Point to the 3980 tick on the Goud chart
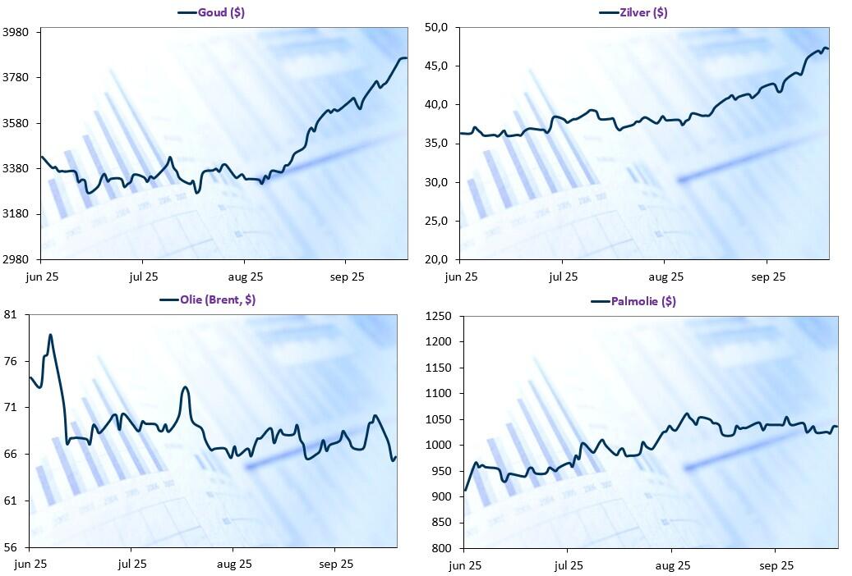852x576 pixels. [x=17, y=32]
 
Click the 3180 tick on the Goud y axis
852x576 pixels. [x=17, y=214]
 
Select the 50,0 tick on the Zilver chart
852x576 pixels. [x=435, y=28]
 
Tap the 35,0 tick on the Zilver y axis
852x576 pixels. [x=435, y=144]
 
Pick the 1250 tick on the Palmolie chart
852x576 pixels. [x=440, y=317]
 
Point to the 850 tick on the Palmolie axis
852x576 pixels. [x=444, y=523]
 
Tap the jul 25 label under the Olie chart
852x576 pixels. [x=131, y=564]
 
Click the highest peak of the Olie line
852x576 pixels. [x=50, y=335]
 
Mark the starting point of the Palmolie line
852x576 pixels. [x=465, y=491]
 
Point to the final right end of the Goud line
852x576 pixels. [x=406, y=58]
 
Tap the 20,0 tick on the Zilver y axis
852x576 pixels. [x=435, y=260]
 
